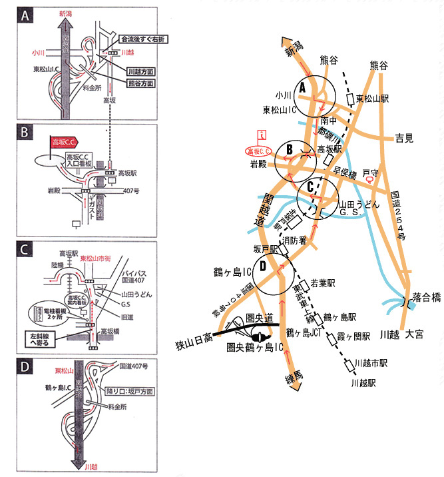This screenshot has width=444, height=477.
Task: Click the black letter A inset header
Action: pyautogui.click(x=27, y=16)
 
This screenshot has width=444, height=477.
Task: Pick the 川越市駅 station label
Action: pyautogui.click(x=371, y=364)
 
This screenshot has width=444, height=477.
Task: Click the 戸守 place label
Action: pyautogui.click(x=370, y=173)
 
